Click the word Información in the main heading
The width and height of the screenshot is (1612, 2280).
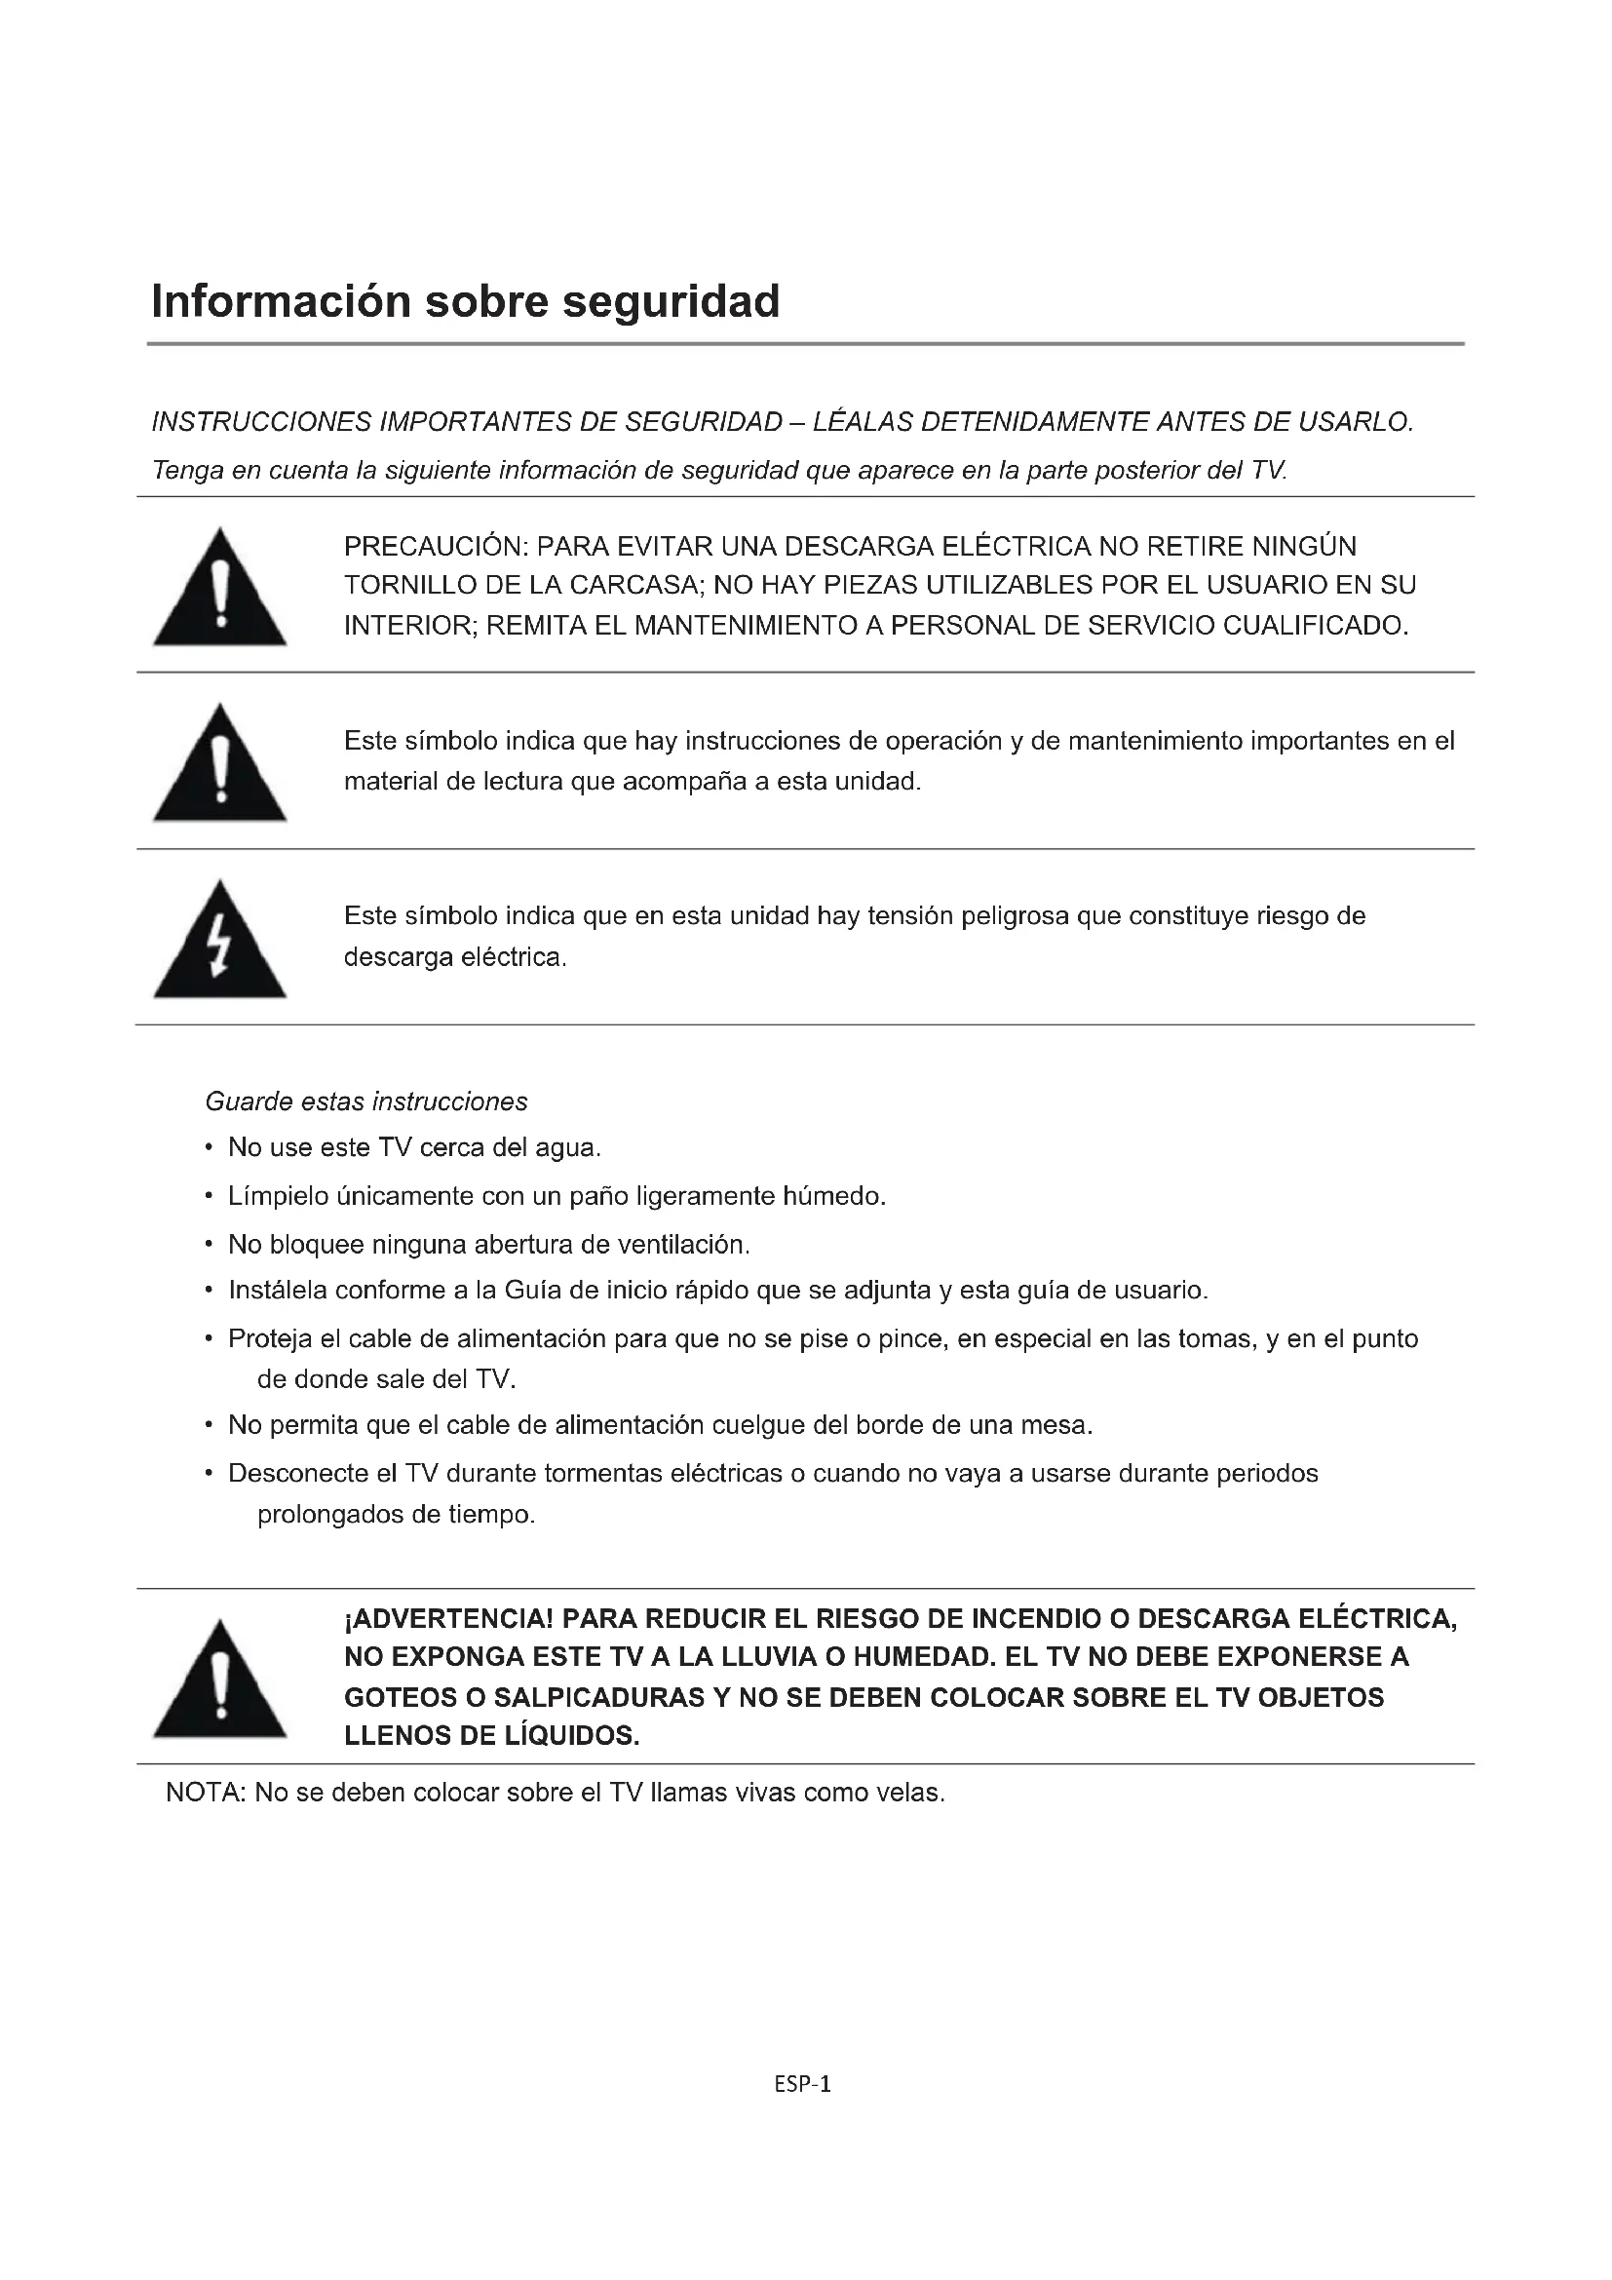tap(280, 301)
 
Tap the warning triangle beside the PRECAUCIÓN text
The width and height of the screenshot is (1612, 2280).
tap(219, 588)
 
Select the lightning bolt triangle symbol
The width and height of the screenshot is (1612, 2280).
tap(219, 941)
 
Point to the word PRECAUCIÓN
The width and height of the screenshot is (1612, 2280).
tap(435, 546)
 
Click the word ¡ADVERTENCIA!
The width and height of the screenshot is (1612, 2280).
tap(447, 1620)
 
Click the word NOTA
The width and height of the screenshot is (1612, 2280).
tap(205, 1793)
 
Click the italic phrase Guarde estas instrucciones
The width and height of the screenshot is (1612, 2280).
tap(366, 1101)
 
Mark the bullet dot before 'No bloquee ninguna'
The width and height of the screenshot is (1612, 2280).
tap(209, 1244)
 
